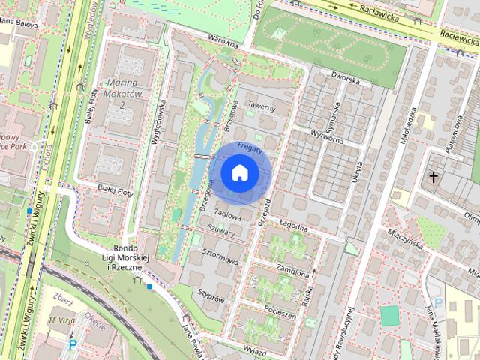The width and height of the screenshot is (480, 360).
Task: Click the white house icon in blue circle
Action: click(x=239, y=173)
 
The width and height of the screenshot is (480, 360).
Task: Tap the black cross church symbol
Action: click(x=433, y=177)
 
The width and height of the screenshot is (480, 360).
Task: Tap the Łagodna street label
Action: click(x=294, y=224)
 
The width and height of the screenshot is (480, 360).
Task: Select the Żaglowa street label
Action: click(x=227, y=214)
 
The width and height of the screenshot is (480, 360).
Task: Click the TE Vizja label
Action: click(x=63, y=318)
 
